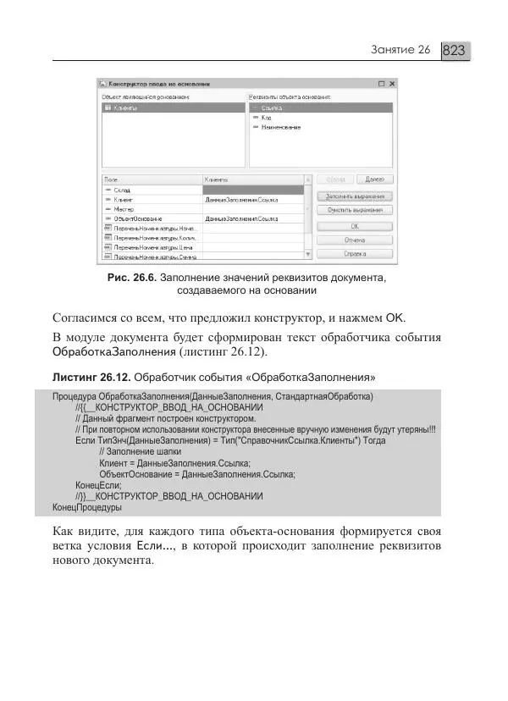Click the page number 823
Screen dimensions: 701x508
pos(455,51)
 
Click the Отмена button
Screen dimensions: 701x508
pos(355,240)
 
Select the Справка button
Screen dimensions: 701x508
pos(355,252)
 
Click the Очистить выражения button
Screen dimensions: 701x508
pos(355,209)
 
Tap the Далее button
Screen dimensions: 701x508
pos(375,179)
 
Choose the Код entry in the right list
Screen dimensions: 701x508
pos(268,119)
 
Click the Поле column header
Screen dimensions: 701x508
pos(110,179)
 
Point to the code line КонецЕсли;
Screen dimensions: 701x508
pos(97,485)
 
